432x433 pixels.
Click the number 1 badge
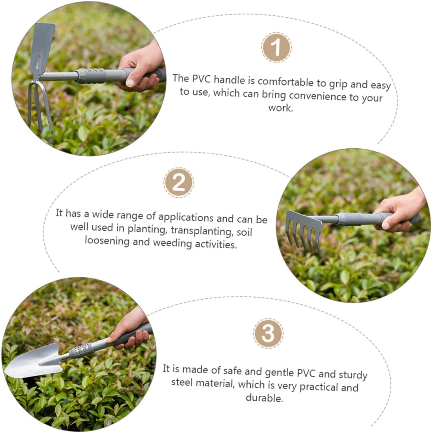point(276,47)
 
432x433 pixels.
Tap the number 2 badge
point(179,183)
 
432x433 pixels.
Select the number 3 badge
point(268,333)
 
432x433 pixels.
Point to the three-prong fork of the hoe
point(40,106)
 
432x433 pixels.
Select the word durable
point(264,398)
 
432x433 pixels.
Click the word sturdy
point(353,375)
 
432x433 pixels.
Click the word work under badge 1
point(280,108)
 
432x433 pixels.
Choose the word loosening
point(107,241)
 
